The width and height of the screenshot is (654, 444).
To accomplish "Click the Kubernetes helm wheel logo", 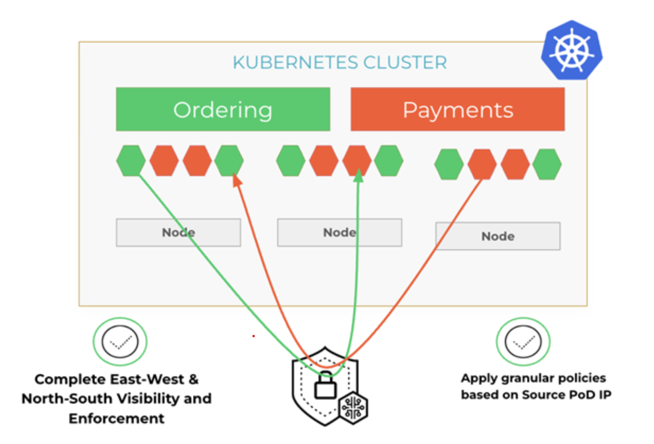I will pyautogui.click(x=572, y=51).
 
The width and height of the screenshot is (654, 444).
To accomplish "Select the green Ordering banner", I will pyautogui.click(x=223, y=110).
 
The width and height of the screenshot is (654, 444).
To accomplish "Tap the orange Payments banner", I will pyautogui.click(x=457, y=110).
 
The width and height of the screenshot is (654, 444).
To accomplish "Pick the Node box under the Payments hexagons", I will pyautogui.click(x=498, y=236).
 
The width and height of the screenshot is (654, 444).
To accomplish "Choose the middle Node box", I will pyautogui.click(x=339, y=233).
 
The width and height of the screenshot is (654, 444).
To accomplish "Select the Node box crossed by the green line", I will pyautogui.click(x=178, y=233).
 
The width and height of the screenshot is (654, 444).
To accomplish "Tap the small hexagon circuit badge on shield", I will pyautogui.click(x=353, y=408).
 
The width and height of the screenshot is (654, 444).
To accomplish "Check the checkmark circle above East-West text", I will pyautogui.click(x=120, y=342).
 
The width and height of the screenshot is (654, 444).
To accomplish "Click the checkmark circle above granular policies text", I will pyautogui.click(x=523, y=342).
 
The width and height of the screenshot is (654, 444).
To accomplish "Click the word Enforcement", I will pyautogui.click(x=116, y=418).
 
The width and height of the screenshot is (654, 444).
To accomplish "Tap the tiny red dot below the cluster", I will pyautogui.click(x=253, y=336).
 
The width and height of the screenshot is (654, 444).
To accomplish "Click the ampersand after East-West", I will pyautogui.click(x=193, y=379).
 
